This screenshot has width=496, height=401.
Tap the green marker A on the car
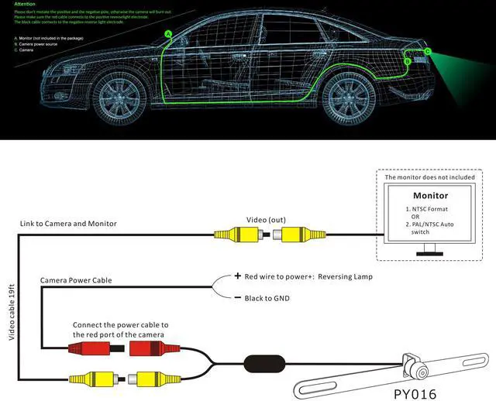tap(168, 33)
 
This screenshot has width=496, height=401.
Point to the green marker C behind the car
tap(428, 51)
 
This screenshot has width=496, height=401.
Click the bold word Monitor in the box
tap(430, 196)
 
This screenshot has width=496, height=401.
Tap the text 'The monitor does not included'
tap(429, 177)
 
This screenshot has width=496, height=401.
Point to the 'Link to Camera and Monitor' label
tap(68, 224)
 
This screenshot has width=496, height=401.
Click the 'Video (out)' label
tap(265, 219)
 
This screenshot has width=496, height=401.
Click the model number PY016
tap(415, 393)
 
